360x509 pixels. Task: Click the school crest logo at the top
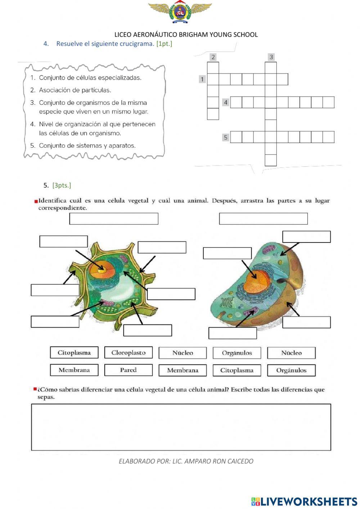(x=180, y=12)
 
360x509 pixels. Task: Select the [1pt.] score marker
(x=164, y=44)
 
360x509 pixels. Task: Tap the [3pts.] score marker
(x=62, y=185)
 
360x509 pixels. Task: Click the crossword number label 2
(x=213, y=57)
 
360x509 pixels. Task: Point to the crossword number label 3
(x=271, y=57)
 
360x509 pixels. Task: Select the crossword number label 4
(x=226, y=102)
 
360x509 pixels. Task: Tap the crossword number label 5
(x=226, y=137)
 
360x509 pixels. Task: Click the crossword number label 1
(x=202, y=79)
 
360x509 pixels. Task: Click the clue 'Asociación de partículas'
(x=75, y=90)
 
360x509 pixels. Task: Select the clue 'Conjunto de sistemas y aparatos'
(x=87, y=146)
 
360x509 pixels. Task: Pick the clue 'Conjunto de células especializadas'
(x=90, y=77)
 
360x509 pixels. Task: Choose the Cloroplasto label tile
(x=129, y=353)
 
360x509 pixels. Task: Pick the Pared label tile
(x=129, y=370)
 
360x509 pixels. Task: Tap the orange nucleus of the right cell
(x=257, y=282)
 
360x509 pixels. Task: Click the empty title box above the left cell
(x=114, y=219)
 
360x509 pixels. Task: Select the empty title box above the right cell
(x=263, y=219)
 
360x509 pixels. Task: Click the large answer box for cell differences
(x=181, y=427)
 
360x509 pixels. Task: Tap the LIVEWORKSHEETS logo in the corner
(x=304, y=501)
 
